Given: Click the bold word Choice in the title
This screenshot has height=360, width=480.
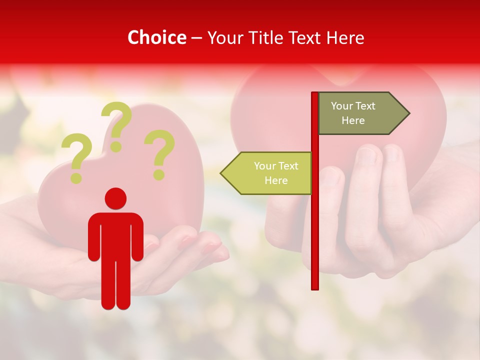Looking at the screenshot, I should point(156,37).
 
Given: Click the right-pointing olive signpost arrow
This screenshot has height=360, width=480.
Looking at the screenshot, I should point(360,113).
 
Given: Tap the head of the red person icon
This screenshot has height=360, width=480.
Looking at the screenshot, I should point(115,198).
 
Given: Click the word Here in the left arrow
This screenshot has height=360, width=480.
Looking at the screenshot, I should point(276,180).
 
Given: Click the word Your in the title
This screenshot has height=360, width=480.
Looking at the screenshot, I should point(225,37).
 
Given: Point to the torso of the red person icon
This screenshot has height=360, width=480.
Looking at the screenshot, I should point(115,235).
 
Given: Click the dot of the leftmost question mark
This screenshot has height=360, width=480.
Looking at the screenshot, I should point(76,177).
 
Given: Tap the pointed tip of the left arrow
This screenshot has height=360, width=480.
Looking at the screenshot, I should point(221,173).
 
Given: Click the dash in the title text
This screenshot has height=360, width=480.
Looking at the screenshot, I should point(196,38).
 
